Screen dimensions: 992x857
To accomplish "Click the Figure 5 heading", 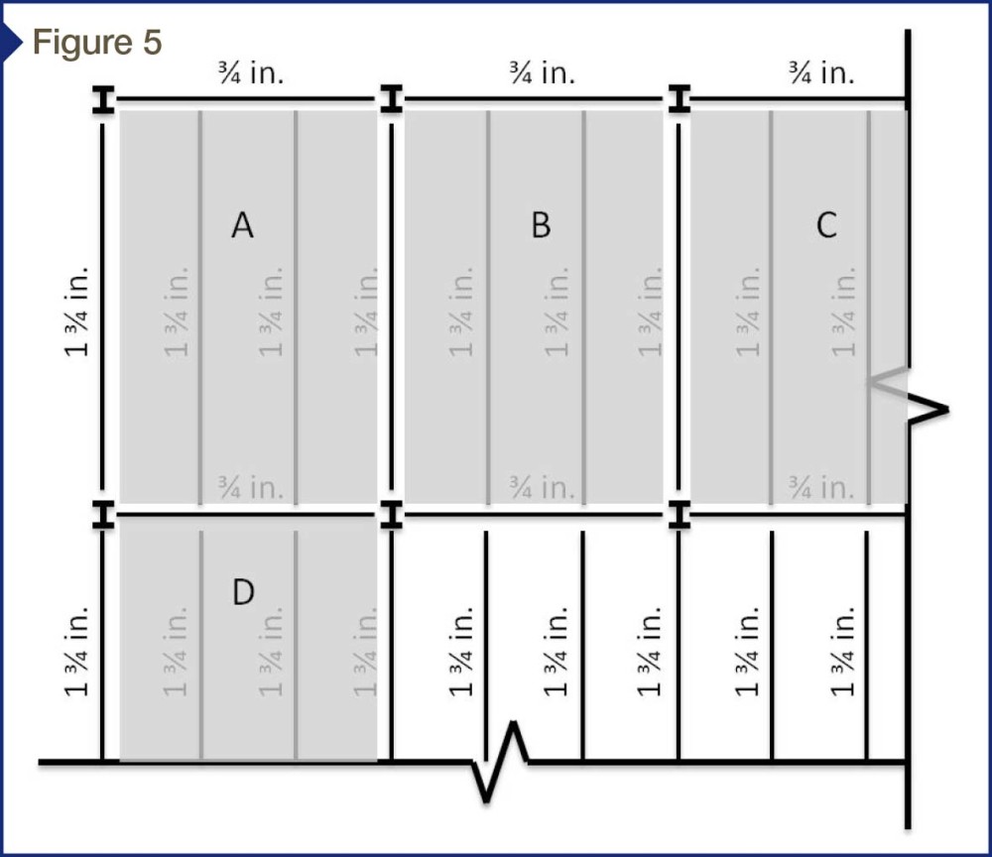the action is pos(97,43).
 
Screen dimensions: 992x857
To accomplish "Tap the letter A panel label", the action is pos(242,225).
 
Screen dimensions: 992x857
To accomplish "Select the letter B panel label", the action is pos(541,225).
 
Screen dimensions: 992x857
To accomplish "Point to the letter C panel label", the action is pos(827,225).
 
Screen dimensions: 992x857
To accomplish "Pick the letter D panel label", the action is pos(244,592).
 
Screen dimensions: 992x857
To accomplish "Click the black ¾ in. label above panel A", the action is pos(251,72).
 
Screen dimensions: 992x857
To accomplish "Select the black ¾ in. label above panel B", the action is pos(543,72).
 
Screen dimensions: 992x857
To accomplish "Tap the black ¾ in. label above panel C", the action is pos(821,72).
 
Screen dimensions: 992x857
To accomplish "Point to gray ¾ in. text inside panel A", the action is pos(251,487).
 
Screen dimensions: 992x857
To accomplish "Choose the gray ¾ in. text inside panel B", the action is pos(543,487).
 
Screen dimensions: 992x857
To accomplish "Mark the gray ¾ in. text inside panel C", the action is pos(821,487).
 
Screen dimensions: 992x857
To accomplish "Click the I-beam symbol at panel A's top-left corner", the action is pos(104,100).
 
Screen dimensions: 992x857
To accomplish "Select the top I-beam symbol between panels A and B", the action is pos(392,98).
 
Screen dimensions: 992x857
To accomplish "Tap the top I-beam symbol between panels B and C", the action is pos(680,98).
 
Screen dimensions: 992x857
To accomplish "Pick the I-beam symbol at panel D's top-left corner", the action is pos(104,514).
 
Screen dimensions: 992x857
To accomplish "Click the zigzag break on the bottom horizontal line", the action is pos(500,762).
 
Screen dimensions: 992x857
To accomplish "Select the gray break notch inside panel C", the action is pos(887,383).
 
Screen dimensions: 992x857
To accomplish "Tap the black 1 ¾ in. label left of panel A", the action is pos(76,311).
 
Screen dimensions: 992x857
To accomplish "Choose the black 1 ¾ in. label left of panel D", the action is pos(76,652).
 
